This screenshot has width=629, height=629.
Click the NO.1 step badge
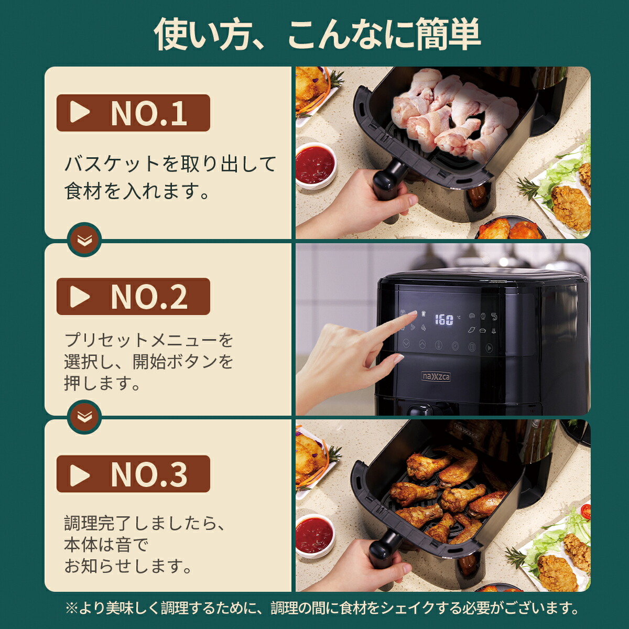point(133,113)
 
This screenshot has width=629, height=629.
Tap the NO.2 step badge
point(133,297)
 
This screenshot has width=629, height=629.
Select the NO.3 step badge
point(133,474)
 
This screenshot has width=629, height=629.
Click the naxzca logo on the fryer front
point(436,376)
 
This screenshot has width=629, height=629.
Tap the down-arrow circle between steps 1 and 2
point(84,240)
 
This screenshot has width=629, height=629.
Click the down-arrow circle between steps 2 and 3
point(84,417)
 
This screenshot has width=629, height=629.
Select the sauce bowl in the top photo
point(314,164)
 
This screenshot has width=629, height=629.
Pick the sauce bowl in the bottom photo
point(314,534)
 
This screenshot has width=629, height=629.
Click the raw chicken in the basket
point(451,113)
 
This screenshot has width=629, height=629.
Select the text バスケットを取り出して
point(170,164)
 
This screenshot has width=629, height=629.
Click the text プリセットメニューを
point(149,340)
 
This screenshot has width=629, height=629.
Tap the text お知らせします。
point(128,566)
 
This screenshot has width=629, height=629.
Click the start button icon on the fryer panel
point(489,348)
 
